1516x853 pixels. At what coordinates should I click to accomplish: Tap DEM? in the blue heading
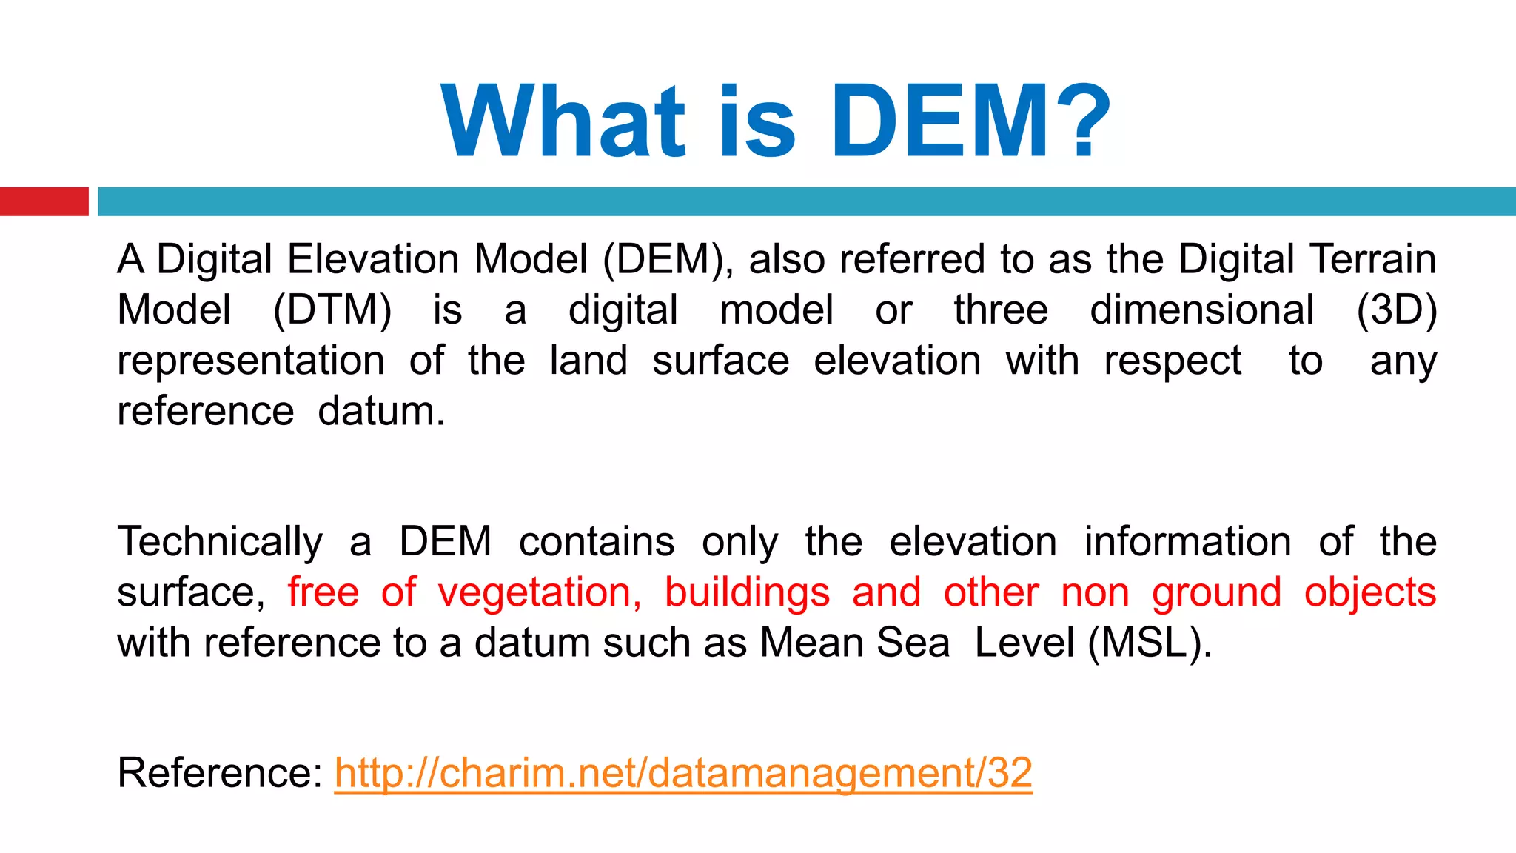click(x=970, y=122)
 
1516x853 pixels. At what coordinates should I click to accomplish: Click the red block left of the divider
click(x=44, y=201)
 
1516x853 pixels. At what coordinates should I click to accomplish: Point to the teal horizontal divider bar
click(x=806, y=201)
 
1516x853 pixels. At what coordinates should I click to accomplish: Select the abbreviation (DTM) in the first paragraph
click(x=332, y=310)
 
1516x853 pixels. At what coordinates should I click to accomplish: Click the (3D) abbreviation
click(x=1396, y=310)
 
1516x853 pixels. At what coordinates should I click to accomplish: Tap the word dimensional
click(x=1202, y=310)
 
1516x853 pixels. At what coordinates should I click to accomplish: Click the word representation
click(x=251, y=361)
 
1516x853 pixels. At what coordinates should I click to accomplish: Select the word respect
click(x=1173, y=361)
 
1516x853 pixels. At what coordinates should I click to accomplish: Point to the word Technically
click(x=220, y=541)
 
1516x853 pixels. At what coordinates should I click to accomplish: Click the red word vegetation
click(x=540, y=592)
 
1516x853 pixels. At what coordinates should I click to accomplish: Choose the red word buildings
click(x=747, y=592)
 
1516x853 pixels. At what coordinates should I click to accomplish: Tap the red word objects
click(x=1370, y=592)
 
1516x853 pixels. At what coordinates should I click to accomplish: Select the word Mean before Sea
click(x=811, y=643)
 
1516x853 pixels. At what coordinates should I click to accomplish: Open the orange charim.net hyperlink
click(x=683, y=773)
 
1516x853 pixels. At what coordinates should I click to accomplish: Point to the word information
click(x=1187, y=541)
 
